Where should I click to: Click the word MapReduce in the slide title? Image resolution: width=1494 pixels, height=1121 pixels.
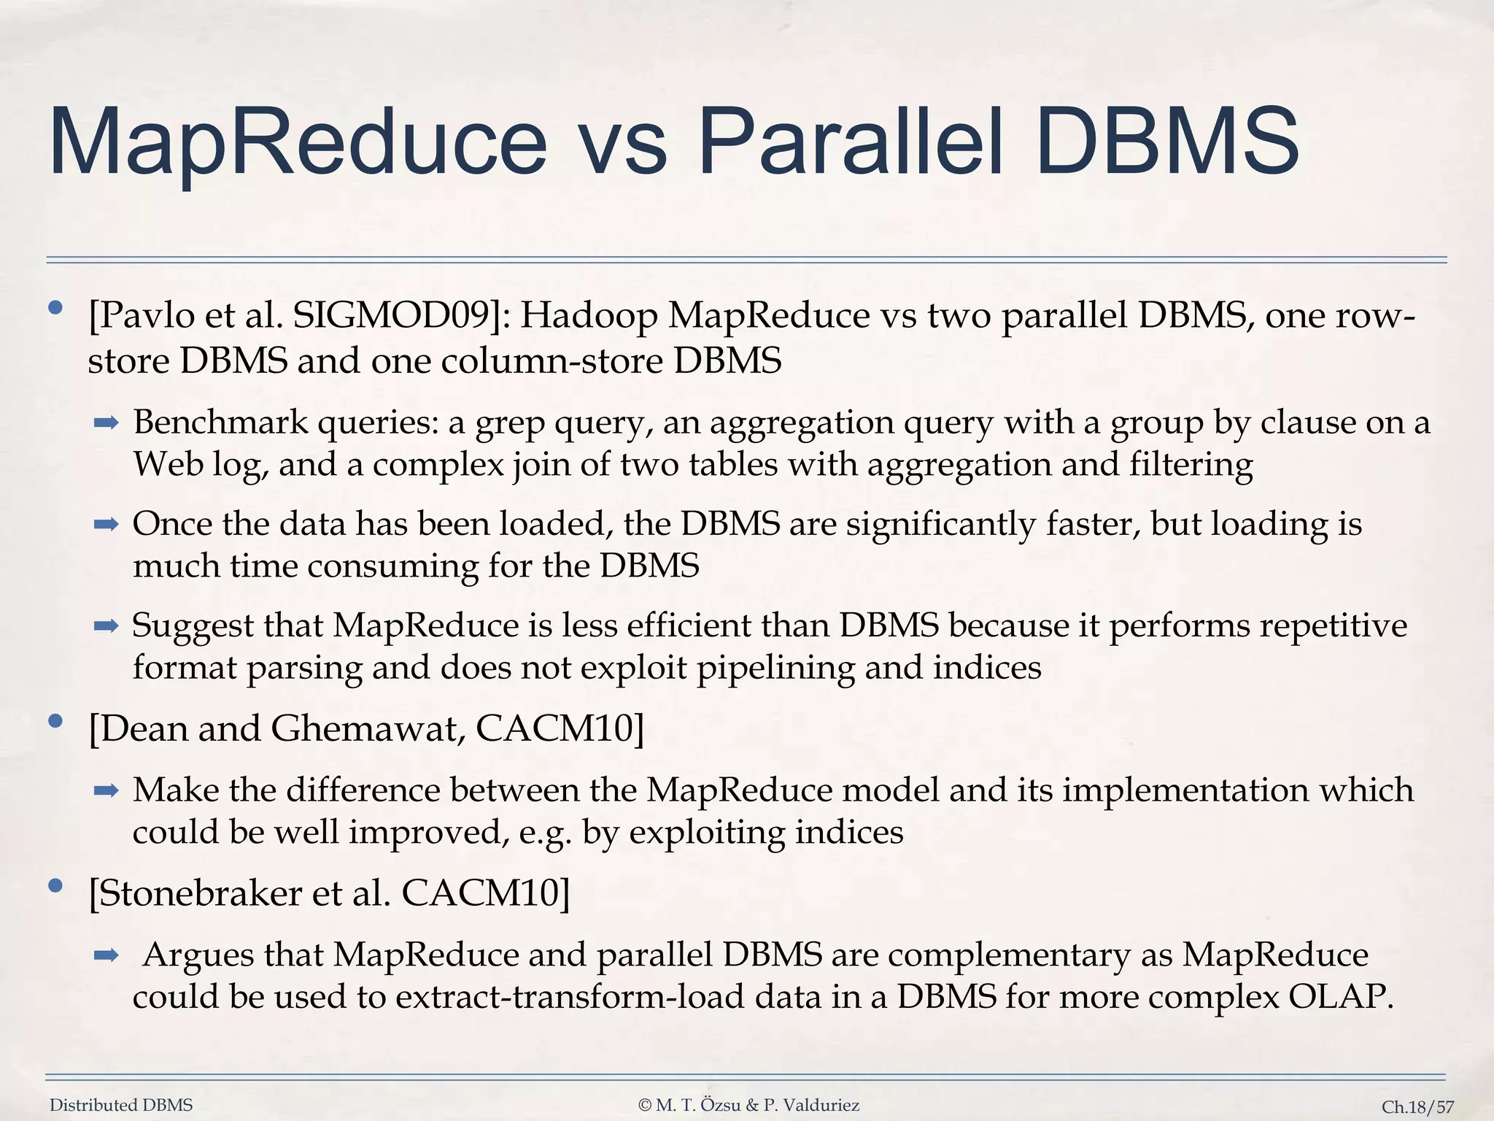click(298, 142)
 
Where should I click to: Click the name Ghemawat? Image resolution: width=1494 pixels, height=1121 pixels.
click(368, 728)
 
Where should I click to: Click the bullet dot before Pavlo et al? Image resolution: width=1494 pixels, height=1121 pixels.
click(55, 308)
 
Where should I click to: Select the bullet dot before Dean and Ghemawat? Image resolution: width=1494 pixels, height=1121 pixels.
click(55, 722)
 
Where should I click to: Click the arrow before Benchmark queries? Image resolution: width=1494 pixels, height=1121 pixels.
click(107, 423)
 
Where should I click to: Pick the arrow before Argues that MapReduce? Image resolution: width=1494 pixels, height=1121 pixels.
click(107, 955)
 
